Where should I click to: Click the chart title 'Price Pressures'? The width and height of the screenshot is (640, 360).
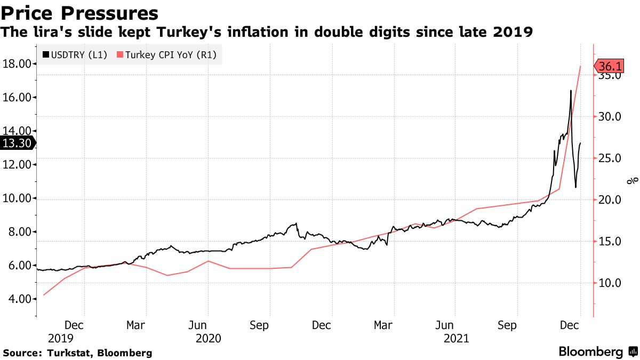pyautogui.click(x=80, y=13)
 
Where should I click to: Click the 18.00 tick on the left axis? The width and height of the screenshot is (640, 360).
pyautogui.click(x=17, y=64)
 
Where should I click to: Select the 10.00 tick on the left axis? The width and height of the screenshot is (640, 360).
pyautogui.click(x=17, y=198)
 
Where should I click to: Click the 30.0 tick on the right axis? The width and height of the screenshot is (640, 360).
pyautogui.click(x=610, y=117)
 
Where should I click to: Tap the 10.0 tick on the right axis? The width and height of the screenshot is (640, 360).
pyautogui.click(x=610, y=283)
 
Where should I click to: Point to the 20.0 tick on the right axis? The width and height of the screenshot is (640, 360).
pyautogui.click(x=610, y=200)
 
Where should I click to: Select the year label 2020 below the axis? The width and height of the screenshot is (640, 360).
pyautogui.click(x=207, y=338)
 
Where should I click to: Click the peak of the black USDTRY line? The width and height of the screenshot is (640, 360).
pyautogui.click(x=571, y=91)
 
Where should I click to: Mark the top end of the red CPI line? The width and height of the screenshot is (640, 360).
pyautogui.click(x=580, y=66)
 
